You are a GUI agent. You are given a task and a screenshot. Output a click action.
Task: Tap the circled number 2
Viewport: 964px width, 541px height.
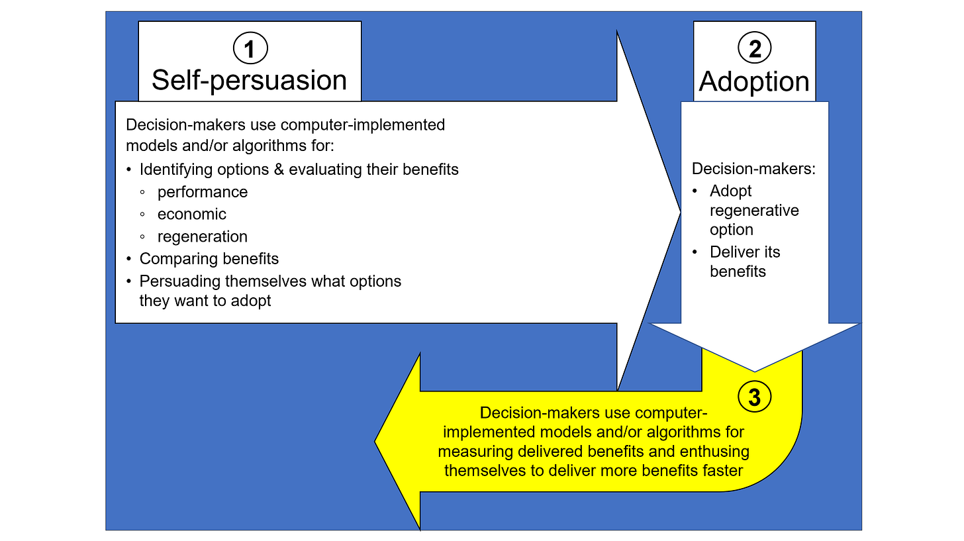coord(754,48)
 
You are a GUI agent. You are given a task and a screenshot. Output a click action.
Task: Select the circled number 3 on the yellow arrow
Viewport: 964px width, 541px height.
coord(754,397)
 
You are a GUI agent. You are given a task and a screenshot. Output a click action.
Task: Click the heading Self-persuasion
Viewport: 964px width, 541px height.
coord(250,80)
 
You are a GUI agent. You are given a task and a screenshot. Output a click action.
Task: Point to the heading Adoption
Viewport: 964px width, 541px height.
coord(754,81)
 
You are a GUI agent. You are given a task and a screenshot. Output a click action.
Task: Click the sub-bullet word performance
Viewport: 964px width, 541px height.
coord(203,192)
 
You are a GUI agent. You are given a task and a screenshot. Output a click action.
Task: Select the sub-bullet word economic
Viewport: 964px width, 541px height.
coord(192,215)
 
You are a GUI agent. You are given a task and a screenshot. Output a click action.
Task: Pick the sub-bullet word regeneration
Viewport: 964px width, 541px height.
coord(203,236)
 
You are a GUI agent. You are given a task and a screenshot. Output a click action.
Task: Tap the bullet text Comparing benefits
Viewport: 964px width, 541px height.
coord(209,258)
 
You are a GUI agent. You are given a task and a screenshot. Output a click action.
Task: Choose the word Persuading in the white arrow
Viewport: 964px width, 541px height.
coord(179,281)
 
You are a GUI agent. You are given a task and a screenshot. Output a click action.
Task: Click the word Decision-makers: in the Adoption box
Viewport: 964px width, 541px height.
coord(753,168)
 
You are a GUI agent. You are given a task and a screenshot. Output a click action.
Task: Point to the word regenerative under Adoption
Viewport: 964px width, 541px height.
coord(754,211)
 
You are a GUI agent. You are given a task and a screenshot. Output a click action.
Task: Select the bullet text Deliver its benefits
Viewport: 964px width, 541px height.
coord(745,262)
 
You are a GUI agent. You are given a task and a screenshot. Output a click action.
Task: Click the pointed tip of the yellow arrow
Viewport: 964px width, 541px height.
coord(376,441)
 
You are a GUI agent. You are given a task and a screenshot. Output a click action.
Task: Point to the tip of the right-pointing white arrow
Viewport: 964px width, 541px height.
coord(680,212)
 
